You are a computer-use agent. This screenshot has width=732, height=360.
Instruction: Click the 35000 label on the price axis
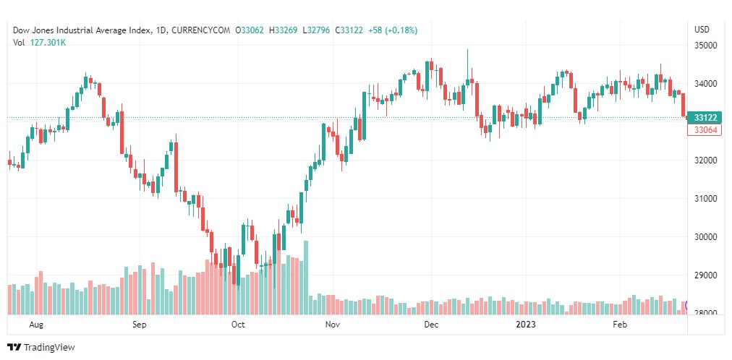tap(705, 46)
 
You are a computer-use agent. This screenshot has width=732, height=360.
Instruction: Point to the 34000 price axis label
tap(705, 84)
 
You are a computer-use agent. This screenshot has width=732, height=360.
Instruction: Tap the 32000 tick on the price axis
tap(705, 160)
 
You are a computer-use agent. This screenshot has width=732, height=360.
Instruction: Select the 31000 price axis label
tap(705, 199)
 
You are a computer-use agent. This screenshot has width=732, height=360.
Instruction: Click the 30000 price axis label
tap(705, 237)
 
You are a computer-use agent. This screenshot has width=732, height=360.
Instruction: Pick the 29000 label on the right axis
tap(705, 275)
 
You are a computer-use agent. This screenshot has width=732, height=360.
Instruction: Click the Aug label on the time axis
tap(36, 325)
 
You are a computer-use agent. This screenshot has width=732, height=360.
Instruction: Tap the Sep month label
tap(140, 325)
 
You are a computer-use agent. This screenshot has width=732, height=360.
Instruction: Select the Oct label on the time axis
tap(238, 325)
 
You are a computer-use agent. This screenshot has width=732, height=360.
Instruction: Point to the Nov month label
tap(332, 325)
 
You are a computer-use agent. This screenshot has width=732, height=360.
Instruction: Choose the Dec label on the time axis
tap(431, 325)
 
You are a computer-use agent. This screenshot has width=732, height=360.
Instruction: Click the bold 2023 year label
tap(526, 325)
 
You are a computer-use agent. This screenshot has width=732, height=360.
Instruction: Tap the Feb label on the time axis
tap(620, 325)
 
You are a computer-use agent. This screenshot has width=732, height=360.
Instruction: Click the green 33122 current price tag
tap(705, 118)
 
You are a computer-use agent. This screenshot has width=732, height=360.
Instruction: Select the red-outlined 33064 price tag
tap(705, 130)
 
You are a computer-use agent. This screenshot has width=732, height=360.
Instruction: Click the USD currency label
tap(702, 30)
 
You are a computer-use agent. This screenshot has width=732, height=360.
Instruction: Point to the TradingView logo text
tap(49, 348)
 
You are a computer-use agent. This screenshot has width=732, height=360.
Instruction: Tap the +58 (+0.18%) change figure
tap(392, 30)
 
